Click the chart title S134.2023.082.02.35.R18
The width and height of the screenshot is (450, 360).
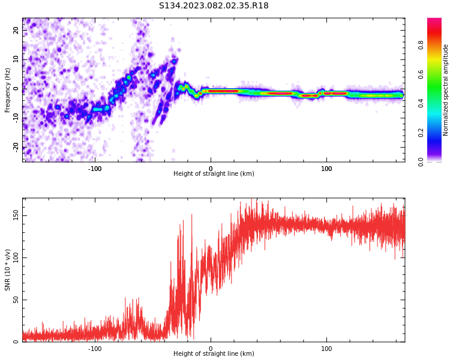pyautogui.click(x=214, y=6)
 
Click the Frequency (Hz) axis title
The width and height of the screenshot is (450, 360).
pyautogui.click(x=8, y=90)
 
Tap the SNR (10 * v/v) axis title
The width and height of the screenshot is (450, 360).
pyautogui.click(x=8, y=270)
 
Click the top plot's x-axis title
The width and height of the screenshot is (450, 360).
pyautogui.click(x=214, y=174)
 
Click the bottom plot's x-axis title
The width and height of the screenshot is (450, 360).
pyautogui.click(x=214, y=353)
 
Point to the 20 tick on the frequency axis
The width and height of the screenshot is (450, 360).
pyautogui.click(x=16, y=31)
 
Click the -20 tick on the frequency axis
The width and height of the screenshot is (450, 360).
pyautogui.click(x=16, y=146)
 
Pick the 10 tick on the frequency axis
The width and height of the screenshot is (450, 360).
pyautogui.click(x=16, y=59)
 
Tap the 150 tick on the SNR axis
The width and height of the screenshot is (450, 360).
pyautogui.click(x=16, y=215)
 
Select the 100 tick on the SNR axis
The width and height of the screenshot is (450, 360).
pyautogui.click(x=16, y=257)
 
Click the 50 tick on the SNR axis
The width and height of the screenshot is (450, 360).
pyautogui.click(x=16, y=300)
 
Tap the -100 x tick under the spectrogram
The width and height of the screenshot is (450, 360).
pyautogui.click(x=95, y=168)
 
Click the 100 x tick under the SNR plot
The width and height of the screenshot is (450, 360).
pyautogui.click(x=326, y=348)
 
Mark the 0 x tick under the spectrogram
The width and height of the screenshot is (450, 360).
pyautogui.click(x=211, y=168)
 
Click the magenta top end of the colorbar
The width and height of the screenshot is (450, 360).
pyautogui.click(x=434, y=20)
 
